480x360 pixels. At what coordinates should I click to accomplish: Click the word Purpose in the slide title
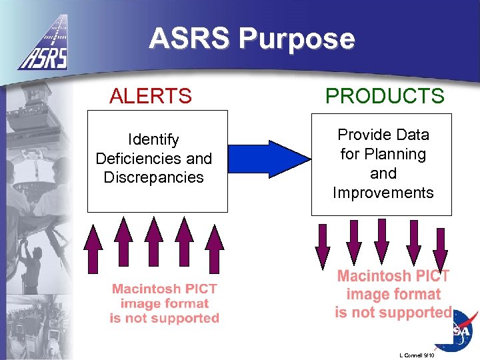[298, 39]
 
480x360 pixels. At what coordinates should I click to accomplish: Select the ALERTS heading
[151, 96]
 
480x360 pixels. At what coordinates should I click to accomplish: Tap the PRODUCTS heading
[384, 96]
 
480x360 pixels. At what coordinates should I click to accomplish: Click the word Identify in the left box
[153, 140]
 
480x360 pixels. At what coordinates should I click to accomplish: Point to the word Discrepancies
[153, 177]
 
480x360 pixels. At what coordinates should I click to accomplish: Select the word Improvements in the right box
[383, 193]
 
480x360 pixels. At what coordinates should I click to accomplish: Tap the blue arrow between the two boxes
[270, 159]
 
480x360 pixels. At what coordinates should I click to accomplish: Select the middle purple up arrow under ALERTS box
[154, 244]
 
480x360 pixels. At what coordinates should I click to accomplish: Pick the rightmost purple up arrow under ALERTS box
[214, 247]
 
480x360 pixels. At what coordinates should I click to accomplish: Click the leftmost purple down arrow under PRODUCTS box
[323, 245]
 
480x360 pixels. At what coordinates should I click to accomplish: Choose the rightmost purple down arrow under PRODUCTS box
[440, 248]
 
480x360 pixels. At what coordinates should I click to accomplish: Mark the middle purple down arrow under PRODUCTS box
[382, 241]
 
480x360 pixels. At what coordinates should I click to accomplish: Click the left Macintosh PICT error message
[164, 303]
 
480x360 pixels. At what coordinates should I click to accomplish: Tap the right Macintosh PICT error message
[393, 294]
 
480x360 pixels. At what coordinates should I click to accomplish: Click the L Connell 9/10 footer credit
[417, 355]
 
